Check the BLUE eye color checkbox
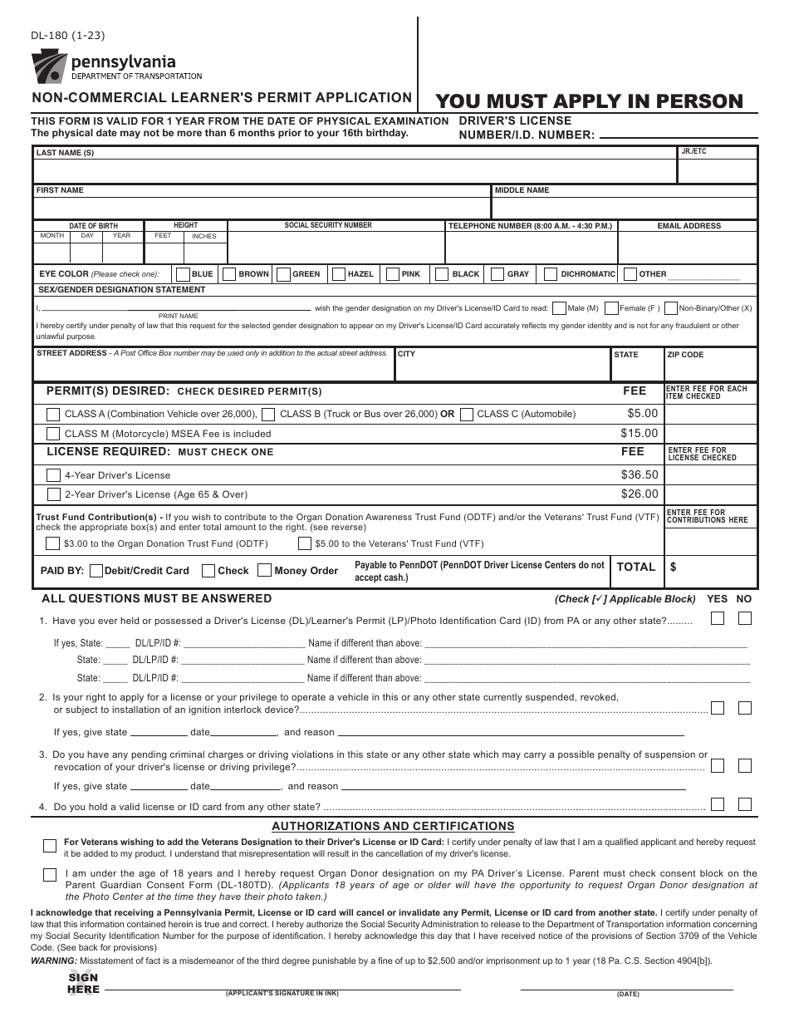[x=182, y=273]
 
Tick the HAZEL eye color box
[x=338, y=273]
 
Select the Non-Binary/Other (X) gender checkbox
[x=671, y=307]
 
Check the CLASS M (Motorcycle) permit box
[x=53, y=434]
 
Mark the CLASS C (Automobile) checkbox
[x=467, y=414]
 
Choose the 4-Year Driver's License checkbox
[x=53, y=475]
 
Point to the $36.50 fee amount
[x=639, y=475]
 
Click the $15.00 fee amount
[x=639, y=434]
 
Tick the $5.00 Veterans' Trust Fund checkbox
[x=305, y=544]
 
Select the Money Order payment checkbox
[x=264, y=571]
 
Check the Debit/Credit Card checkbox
[x=96, y=571]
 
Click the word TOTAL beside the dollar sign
[x=635, y=567]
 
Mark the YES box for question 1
[x=718, y=618]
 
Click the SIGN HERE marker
[x=83, y=984]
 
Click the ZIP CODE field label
[x=685, y=355]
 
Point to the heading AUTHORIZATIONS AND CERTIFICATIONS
[x=394, y=826]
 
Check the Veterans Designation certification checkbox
[x=50, y=846]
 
